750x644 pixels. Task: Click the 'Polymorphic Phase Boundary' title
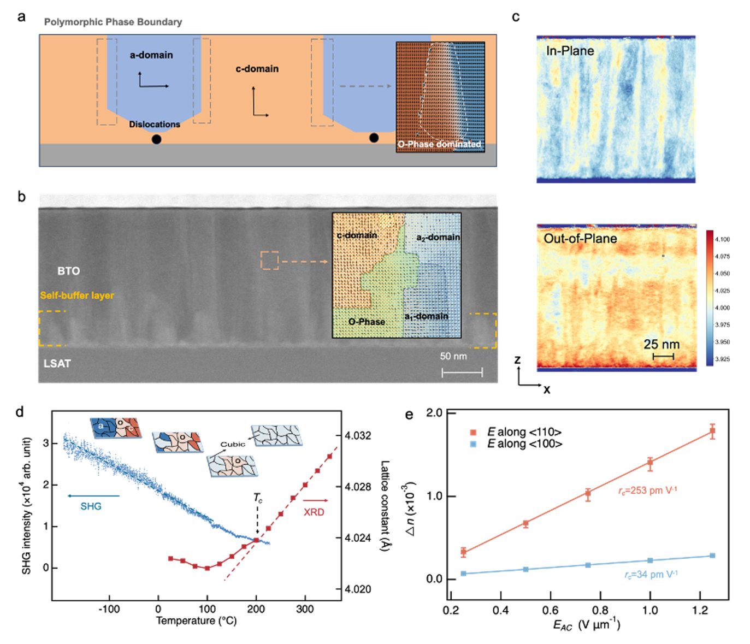[x=113, y=22]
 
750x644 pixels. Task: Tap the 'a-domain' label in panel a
[x=151, y=55]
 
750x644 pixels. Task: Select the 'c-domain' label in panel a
[x=257, y=69]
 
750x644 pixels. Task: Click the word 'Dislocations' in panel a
[x=155, y=125]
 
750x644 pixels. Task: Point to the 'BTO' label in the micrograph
[x=69, y=271]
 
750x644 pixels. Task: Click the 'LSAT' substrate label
[x=57, y=363]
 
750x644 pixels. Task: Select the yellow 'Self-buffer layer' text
[x=77, y=296]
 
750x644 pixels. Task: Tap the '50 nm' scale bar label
[x=453, y=356]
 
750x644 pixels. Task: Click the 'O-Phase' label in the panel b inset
[x=367, y=322]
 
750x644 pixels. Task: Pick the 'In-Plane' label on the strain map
[x=570, y=51]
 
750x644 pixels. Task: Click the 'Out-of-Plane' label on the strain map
[x=580, y=239]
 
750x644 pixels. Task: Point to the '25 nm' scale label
[x=662, y=344]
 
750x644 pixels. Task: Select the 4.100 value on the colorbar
[x=722, y=239]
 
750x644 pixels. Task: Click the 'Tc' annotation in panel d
[x=258, y=498]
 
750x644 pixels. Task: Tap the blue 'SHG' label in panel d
[x=91, y=506]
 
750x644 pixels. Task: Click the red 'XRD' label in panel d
[x=314, y=512]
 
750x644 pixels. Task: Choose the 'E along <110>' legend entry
[x=524, y=432]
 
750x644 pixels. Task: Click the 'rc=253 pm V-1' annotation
[x=647, y=491]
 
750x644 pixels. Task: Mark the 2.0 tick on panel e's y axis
[x=434, y=412]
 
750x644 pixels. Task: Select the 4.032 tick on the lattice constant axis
[x=358, y=435]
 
